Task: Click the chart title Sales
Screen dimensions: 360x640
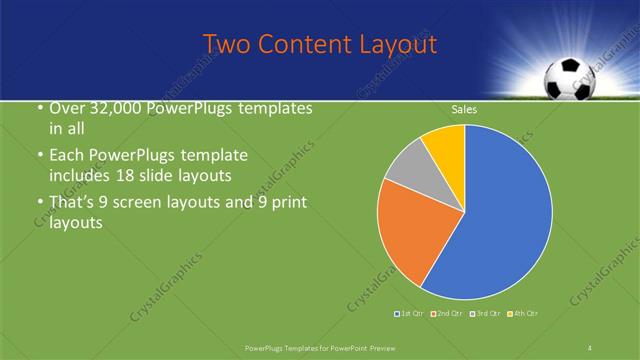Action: pyautogui.click(x=464, y=109)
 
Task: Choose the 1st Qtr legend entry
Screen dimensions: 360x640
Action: pyautogui.click(x=411, y=314)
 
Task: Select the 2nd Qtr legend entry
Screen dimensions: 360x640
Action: pyautogui.click(x=446, y=314)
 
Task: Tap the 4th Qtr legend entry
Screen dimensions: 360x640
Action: pyautogui.click(x=523, y=314)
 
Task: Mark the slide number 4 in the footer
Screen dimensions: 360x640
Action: pyautogui.click(x=590, y=347)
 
